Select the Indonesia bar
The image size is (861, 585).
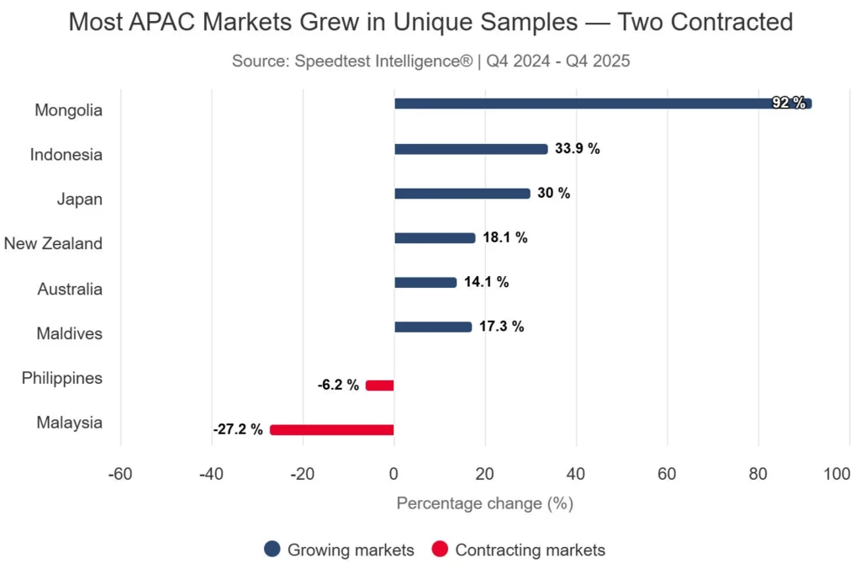pos(471,149)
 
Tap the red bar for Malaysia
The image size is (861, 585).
pos(331,430)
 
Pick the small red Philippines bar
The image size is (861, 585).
pos(379,386)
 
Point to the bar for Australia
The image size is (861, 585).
pos(425,283)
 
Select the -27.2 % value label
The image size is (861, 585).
pos(238,430)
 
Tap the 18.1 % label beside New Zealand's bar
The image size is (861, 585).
pos(504,238)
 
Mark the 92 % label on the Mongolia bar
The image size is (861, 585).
pos(788,104)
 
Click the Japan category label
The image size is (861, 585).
pos(79,199)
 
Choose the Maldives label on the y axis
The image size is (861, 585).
pos(69,333)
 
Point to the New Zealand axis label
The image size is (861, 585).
pos(53,244)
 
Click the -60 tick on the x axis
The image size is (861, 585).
pos(120,474)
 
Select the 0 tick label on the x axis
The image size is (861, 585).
pos(394,474)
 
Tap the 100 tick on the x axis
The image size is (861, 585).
pos(837,474)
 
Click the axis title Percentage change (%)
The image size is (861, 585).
pos(484,504)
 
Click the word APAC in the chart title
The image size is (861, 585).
pos(168,22)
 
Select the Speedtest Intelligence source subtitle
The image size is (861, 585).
pos(430,61)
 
